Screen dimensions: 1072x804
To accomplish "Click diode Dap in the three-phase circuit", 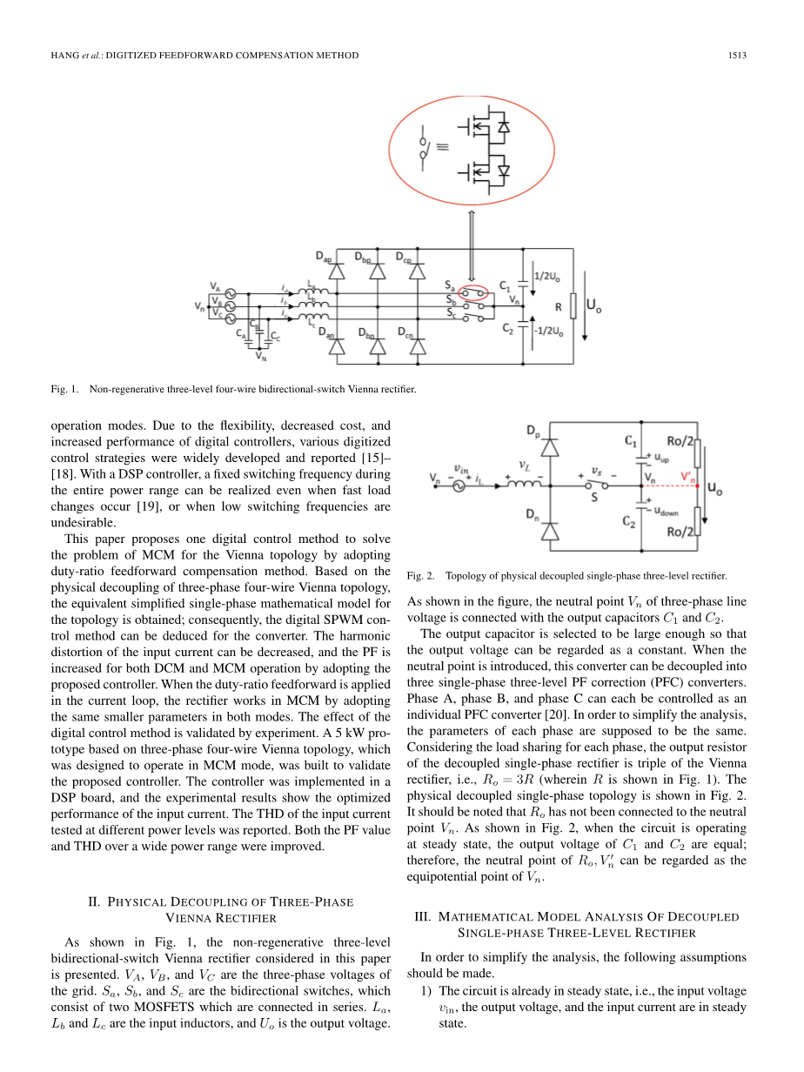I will click(335, 271).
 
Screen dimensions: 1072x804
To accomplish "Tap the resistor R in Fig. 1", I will click(573, 307).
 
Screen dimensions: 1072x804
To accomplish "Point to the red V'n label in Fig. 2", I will click(688, 476).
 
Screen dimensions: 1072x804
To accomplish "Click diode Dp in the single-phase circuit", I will click(550, 446).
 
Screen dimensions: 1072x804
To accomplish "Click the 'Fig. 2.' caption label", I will click(419, 576).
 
